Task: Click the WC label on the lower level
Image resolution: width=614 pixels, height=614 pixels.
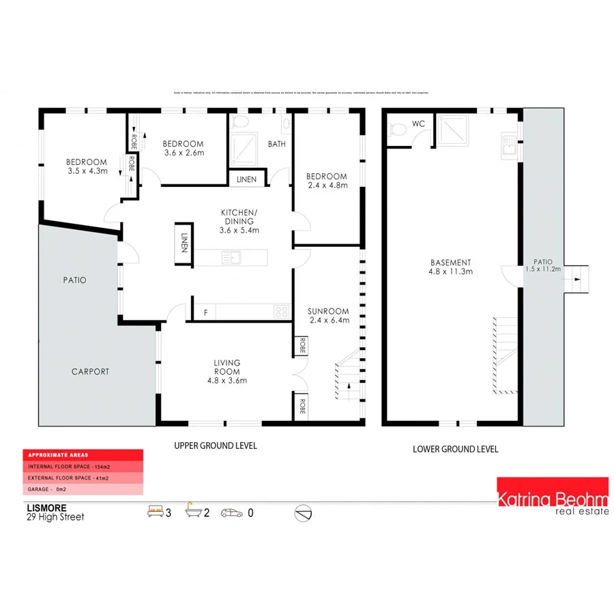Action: coord(418,124)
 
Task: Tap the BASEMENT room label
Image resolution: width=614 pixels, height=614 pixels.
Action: coord(450,263)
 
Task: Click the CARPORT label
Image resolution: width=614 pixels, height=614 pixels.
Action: coord(90,372)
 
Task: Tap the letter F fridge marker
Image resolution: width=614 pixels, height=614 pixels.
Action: coord(206,313)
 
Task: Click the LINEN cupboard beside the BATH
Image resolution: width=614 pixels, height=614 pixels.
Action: coord(246,179)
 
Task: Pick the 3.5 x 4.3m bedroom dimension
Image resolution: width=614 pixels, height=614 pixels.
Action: coord(87,171)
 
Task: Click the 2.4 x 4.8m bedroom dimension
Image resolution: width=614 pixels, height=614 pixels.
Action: coord(327,185)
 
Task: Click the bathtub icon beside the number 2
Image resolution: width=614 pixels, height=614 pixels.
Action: coord(194,512)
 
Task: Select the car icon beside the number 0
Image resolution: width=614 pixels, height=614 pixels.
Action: coord(231,512)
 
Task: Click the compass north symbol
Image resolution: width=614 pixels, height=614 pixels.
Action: coord(304,512)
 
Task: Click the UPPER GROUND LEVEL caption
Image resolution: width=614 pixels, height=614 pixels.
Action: coord(216,445)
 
